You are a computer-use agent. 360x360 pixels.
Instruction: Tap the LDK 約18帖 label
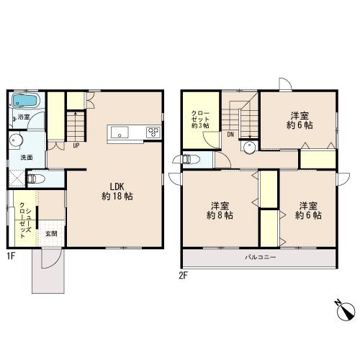(x=117, y=192)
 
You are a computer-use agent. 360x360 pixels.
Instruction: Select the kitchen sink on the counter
(x=120, y=132)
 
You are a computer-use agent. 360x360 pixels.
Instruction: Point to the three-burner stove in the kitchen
(x=153, y=132)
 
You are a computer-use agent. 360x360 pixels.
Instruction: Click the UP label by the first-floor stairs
(x=76, y=145)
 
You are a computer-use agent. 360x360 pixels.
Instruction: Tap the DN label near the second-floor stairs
(x=230, y=135)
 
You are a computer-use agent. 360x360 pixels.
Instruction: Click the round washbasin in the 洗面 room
(x=16, y=140)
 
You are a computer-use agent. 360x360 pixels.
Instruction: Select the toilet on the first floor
(x=36, y=179)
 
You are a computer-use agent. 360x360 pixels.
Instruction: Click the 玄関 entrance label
(x=51, y=233)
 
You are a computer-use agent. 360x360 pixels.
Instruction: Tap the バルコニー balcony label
(x=261, y=258)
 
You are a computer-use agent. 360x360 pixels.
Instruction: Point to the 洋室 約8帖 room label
(x=220, y=210)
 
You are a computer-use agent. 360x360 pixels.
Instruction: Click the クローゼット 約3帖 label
(x=200, y=120)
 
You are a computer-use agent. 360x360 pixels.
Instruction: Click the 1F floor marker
(x=11, y=256)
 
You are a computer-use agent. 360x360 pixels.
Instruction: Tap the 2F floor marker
(x=183, y=276)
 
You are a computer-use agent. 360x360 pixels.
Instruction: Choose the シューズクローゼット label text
(x=25, y=220)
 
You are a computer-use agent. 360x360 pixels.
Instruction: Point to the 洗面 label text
(x=27, y=158)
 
